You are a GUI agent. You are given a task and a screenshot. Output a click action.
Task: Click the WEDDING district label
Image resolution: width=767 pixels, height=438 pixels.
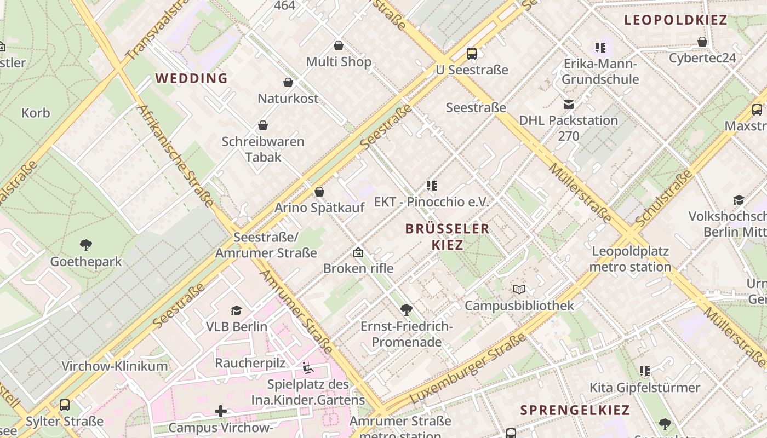(191, 78)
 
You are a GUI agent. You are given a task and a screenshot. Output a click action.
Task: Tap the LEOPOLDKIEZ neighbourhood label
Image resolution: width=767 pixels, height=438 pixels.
(676, 21)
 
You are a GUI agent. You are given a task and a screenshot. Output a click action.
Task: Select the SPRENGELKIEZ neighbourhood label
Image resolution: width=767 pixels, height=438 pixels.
(575, 410)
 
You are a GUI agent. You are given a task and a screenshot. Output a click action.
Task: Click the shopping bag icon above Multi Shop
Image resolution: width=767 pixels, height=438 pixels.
(339, 45)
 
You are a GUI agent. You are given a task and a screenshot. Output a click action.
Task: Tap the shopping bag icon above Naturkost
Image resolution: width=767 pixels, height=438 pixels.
(288, 83)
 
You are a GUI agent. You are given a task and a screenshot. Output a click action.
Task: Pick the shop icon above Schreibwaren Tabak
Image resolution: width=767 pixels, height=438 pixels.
(263, 125)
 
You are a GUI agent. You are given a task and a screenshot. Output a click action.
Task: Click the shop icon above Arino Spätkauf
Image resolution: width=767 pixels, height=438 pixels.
(319, 192)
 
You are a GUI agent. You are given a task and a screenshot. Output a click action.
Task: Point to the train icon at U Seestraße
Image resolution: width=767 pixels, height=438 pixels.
(471, 54)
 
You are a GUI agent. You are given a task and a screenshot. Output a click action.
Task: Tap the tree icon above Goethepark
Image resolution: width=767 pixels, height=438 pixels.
(85, 245)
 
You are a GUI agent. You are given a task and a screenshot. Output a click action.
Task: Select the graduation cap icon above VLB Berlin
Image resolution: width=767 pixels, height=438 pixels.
(236, 310)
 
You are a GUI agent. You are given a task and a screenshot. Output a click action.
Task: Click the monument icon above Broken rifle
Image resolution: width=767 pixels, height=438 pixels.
(358, 252)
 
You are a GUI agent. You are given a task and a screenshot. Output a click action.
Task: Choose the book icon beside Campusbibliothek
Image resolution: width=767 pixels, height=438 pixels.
(519, 289)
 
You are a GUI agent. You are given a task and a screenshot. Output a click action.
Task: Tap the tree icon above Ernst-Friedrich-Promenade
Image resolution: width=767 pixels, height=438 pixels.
(406, 310)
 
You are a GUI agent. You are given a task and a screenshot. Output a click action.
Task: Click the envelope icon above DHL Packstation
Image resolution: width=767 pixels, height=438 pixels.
(568, 104)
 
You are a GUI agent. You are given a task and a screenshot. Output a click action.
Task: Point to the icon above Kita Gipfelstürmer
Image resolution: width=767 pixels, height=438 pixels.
(645, 371)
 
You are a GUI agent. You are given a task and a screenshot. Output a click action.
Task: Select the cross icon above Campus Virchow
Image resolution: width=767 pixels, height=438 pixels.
(221, 411)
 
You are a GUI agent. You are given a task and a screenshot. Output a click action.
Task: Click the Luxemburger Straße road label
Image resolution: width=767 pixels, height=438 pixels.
(466, 368)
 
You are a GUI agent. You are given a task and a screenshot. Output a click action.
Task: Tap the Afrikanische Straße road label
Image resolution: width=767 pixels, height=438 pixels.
(176, 155)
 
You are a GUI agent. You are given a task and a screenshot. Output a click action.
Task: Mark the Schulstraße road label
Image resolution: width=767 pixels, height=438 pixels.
(664, 198)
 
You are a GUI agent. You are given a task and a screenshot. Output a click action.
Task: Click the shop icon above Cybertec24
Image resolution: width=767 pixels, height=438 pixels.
(702, 42)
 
